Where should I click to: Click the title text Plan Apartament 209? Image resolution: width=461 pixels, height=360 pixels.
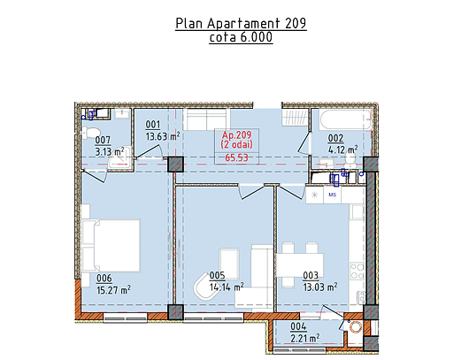241,23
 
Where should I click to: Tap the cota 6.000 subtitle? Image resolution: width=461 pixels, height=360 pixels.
241,37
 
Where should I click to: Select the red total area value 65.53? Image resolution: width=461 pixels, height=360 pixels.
236,157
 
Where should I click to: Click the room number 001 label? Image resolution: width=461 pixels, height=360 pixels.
153,125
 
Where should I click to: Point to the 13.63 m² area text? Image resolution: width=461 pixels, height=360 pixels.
163,136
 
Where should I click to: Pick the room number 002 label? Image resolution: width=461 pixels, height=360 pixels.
335,138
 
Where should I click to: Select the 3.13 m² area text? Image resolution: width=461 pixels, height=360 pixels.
110,151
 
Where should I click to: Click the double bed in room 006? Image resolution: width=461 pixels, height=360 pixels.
111,245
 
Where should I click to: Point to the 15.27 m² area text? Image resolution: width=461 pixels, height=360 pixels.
114,290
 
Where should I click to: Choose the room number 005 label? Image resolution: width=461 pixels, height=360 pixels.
217,276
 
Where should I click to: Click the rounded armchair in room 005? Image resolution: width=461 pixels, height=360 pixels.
204,287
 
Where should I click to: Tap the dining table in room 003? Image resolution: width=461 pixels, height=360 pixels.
300,264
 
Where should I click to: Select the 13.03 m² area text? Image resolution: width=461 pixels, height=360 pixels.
320,287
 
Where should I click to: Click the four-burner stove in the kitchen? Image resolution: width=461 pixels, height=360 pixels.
357,272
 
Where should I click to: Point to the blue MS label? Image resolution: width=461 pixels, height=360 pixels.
333,195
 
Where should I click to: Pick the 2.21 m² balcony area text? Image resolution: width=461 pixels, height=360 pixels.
305,338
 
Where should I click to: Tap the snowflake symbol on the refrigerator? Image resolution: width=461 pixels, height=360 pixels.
315,195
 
